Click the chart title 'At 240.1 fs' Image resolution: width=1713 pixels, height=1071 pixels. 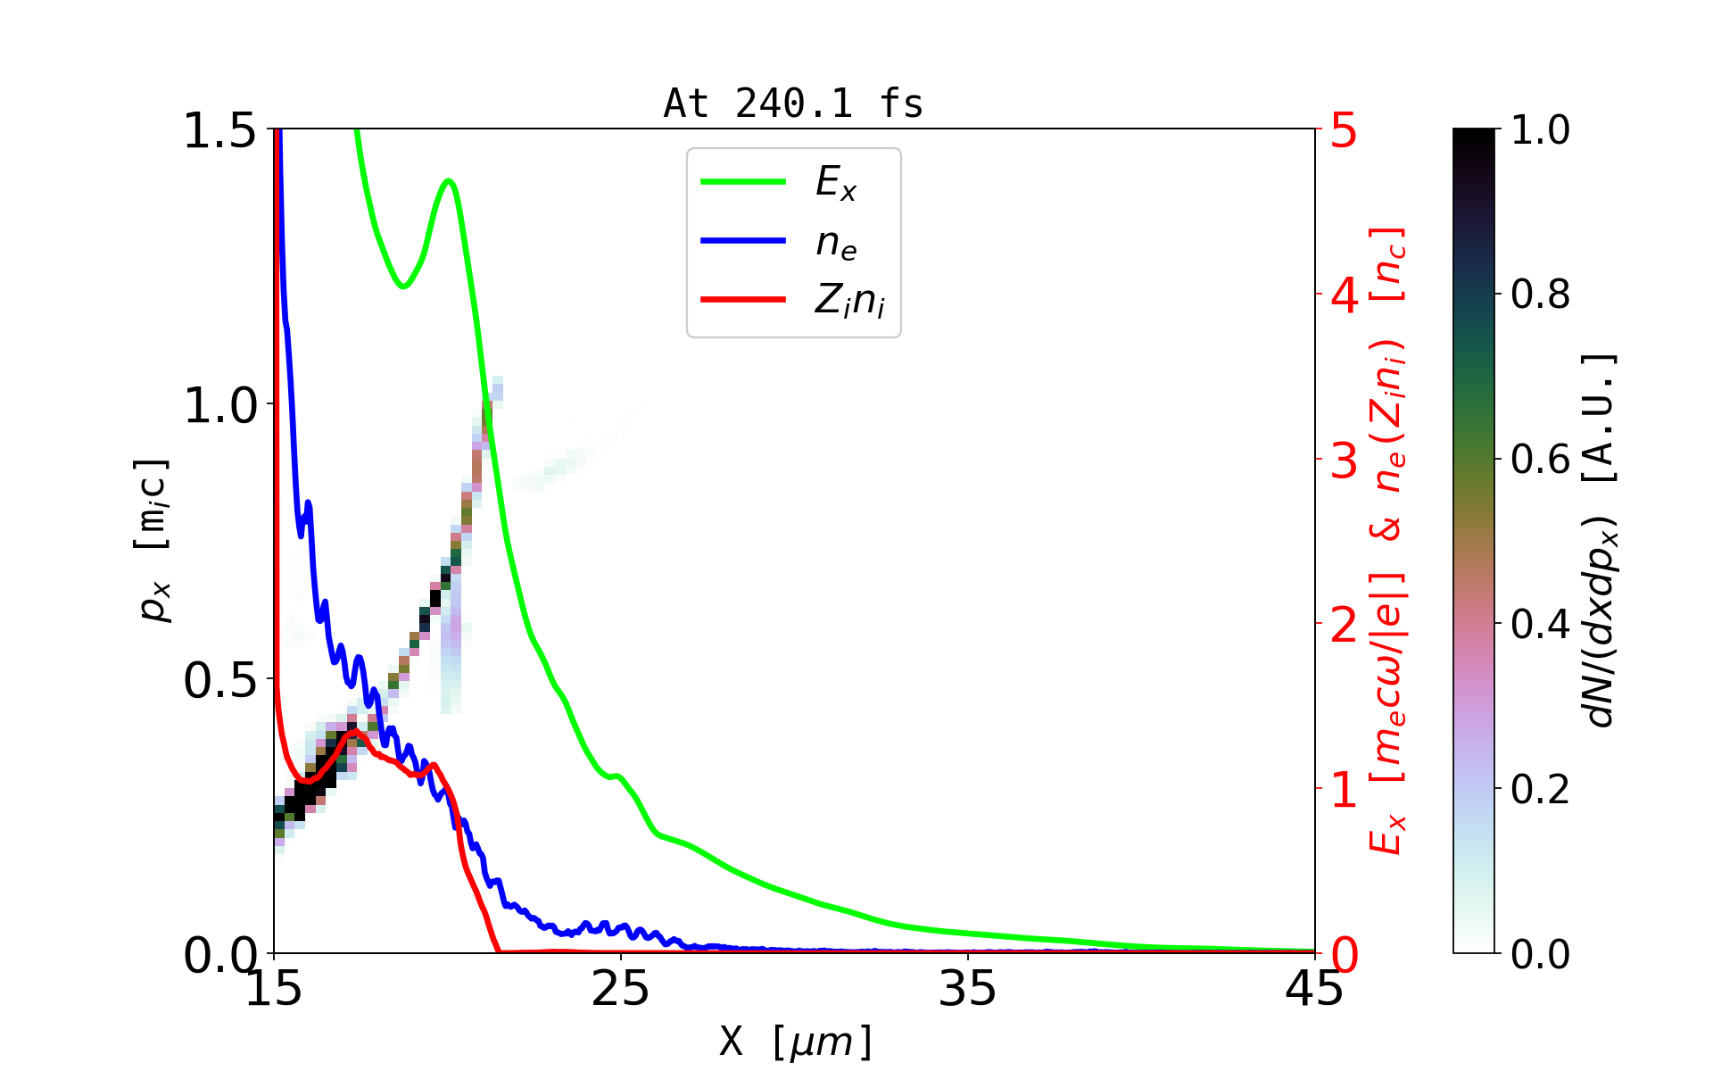pyautogui.click(x=793, y=104)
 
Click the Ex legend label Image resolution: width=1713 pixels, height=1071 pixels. pyautogui.click(x=836, y=183)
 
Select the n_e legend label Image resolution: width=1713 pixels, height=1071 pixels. pyautogui.click(x=836, y=243)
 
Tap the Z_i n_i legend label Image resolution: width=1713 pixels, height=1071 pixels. pyautogui.click(x=849, y=302)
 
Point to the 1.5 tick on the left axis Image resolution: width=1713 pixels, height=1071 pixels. pyautogui.click(x=219, y=131)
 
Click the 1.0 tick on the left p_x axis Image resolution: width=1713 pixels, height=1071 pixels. pyautogui.click(x=219, y=406)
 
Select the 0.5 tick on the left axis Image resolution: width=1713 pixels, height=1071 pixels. pyautogui.click(x=219, y=681)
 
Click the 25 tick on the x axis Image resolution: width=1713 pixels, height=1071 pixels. pyautogui.click(x=621, y=989)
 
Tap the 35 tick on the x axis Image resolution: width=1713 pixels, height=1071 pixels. pyautogui.click(x=968, y=989)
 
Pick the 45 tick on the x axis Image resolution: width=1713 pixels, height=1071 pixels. pyautogui.click(x=1314, y=989)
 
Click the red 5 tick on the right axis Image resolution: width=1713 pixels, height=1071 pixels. pyautogui.click(x=1344, y=131)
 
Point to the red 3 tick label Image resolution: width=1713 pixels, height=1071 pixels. pyautogui.click(x=1344, y=461)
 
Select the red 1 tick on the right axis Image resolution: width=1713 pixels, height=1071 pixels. pyautogui.click(x=1344, y=790)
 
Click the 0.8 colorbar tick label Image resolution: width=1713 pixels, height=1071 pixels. pyautogui.click(x=1540, y=295)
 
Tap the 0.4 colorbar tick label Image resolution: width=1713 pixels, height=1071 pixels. pyautogui.click(x=1540, y=625)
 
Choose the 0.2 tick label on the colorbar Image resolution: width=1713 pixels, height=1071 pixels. pyautogui.click(x=1540, y=790)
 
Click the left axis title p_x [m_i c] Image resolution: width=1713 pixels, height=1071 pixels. pyautogui.click(x=153, y=540)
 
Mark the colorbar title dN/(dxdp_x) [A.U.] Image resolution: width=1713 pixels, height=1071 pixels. pyautogui.click(x=1601, y=540)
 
